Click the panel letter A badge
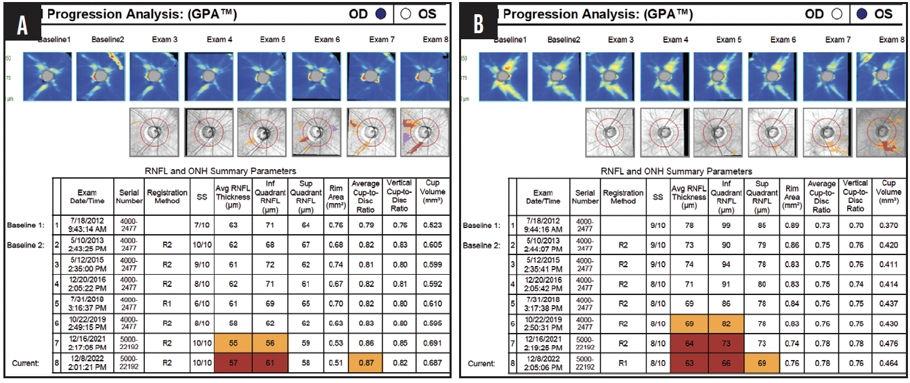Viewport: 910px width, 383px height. tap(22, 24)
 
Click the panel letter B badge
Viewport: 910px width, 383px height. tap(479, 24)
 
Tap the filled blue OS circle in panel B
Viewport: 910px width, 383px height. tap(865, 14)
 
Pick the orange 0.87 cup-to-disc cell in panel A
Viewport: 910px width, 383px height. tap(366, 363)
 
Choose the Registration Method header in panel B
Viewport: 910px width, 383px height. tap(623, 196)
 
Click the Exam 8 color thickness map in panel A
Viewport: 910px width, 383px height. tap(425, 76)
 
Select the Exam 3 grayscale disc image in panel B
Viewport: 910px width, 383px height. tap(609, 131)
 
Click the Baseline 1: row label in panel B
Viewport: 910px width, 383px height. tap(482, 225)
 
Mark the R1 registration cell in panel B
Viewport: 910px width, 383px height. tap(623, 363)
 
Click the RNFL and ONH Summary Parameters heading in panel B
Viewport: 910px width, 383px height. tap(685, 171)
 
